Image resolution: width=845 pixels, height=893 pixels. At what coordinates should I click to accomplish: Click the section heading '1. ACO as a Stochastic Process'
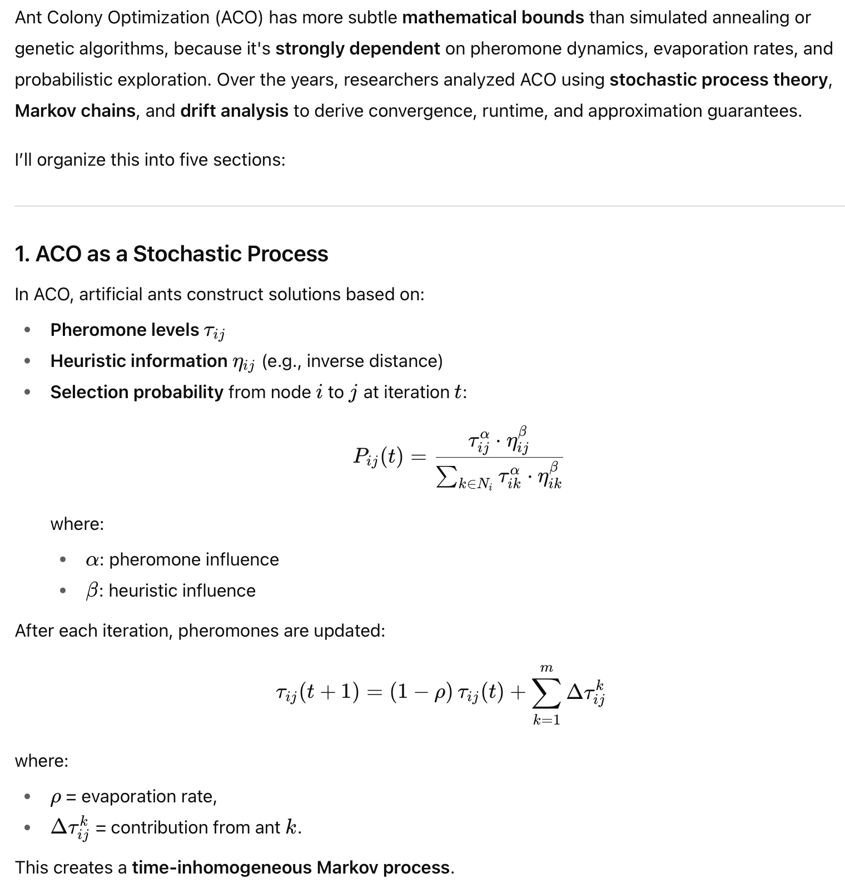pyautogui.click(x=171, y=254)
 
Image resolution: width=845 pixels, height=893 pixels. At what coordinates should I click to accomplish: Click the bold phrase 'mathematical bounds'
pyautogui.click(x=493, y=18)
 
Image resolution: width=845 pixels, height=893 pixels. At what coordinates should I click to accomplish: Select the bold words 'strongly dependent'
pyautogui.click(x=357, y=49)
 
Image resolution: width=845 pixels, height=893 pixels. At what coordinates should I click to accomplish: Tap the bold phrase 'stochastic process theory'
pyautogui.click(x=719, y=80)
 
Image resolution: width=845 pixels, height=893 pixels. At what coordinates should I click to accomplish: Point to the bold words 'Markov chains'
pyautogui.click(x=75, y=111)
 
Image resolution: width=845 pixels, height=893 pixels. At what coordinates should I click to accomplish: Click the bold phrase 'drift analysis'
pyautogui.click(x=234, y=111)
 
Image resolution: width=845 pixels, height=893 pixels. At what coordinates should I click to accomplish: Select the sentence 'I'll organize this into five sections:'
pyautogui.click(x=150, y=160)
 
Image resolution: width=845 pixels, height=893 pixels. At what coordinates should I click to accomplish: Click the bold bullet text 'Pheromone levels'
pyautogui.click(x=125, y=330)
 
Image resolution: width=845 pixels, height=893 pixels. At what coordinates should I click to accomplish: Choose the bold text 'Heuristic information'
pyautogui.click(x=138, y=361)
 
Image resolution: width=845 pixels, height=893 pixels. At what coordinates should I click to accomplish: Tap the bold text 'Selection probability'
pyautogui.click(x=137, y=392)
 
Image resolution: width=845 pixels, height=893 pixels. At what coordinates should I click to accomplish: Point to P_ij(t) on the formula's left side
pyautogui.click(x=377, y=457)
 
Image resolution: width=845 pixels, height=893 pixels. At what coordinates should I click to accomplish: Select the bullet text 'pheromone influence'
pyautogui.click(x=193, y=559)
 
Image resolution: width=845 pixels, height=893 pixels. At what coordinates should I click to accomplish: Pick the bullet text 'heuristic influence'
pyautogui.click(x=182, y=591)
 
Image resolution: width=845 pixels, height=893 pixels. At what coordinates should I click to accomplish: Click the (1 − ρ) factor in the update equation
pyautogui.click(x=421, y=692)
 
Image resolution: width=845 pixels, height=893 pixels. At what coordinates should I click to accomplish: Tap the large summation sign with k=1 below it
pyautogui.click(x=546, y=693)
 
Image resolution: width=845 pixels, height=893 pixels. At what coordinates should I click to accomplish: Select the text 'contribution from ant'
pyautogui.click(x=195, y=828)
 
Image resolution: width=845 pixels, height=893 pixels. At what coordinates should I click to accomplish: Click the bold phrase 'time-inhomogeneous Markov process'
pyautogui.click(x=291, y=868)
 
